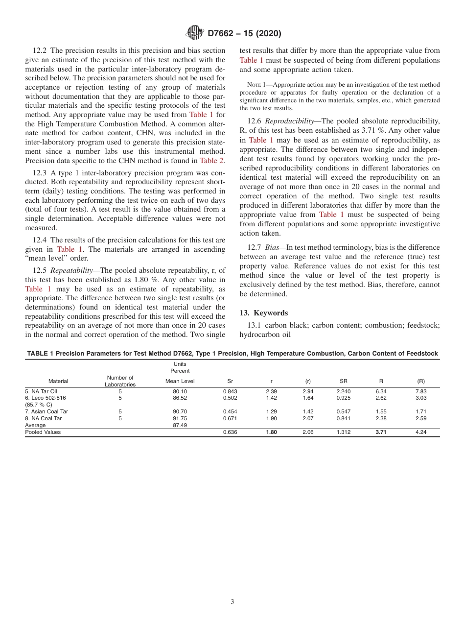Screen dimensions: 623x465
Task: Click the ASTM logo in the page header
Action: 195,33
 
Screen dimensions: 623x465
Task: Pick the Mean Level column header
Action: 180,381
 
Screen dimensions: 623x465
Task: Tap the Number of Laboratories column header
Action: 120,381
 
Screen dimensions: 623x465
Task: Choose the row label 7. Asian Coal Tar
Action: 46,412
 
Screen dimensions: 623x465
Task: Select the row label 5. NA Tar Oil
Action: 41,392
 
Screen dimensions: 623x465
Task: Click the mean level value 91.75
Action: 180,419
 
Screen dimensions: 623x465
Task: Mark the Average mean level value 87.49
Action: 180,426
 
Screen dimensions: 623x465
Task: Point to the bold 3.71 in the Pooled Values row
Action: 380,432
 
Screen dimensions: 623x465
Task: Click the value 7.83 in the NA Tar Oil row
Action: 420,392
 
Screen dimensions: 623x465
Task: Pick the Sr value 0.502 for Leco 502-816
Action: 230,399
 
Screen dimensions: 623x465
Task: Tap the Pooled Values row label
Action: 43,432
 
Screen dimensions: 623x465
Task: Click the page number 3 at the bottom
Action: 232,602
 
